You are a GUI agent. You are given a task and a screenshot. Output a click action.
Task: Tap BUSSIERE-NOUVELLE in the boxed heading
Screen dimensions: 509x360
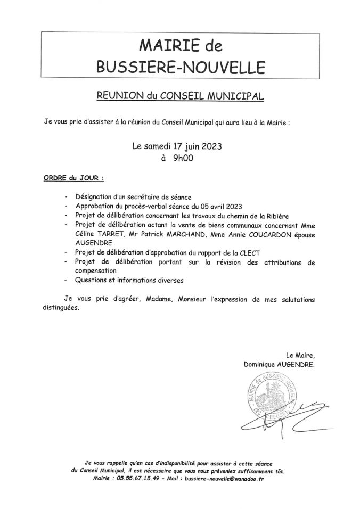pyautogui.click(x=180, y=67)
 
